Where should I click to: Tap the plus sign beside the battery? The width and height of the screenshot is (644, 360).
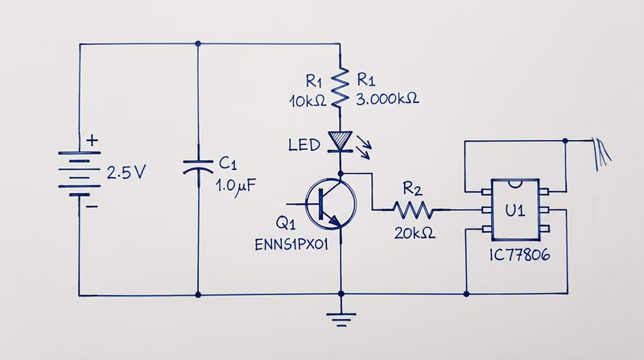point(93,141)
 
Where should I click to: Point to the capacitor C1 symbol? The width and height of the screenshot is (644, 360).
point(197,167)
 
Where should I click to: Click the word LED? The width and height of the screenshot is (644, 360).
point(305,146)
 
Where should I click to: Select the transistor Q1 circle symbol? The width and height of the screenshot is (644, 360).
point(330,203)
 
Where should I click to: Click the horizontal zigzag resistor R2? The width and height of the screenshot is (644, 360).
point(413,211)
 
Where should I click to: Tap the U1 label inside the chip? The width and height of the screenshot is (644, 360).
point(514,212)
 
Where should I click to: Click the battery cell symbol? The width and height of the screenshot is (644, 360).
point(77,172)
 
